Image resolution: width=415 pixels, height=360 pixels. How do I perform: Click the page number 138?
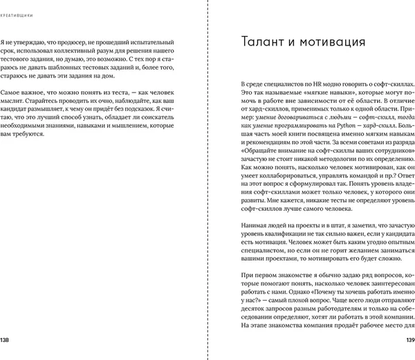pos(6,339)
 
